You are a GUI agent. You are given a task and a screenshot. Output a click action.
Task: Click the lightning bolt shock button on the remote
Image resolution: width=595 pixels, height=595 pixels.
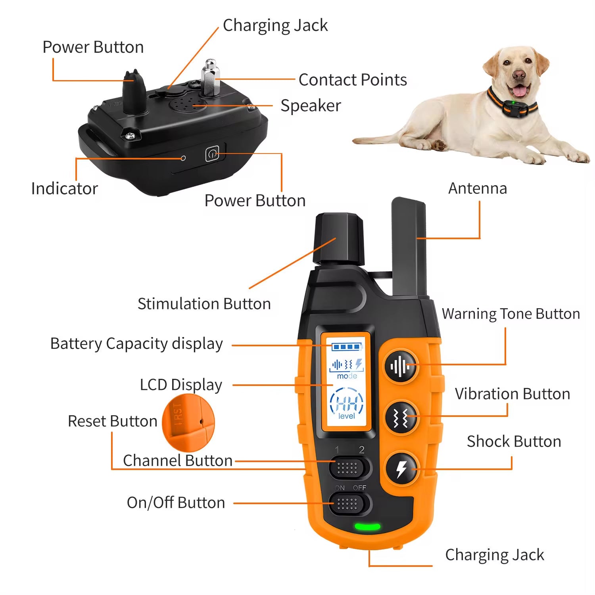(401, 468)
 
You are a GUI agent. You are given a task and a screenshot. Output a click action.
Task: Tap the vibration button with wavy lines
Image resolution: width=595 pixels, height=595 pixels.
(401, 418)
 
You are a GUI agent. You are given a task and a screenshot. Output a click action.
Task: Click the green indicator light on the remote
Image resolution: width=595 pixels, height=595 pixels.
(367, 527)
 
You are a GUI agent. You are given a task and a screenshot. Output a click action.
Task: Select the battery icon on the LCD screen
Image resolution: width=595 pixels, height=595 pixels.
(347, 347)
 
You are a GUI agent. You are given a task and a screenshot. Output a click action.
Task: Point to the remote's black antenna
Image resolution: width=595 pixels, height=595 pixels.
(409, 246)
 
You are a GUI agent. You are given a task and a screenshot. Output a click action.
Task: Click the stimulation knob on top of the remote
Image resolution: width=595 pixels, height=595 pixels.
(339, 238)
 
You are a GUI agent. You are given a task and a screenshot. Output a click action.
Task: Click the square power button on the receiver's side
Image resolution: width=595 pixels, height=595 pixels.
(212, 154)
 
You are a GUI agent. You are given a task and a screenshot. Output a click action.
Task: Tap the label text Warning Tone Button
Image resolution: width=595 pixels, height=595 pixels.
(511, 314)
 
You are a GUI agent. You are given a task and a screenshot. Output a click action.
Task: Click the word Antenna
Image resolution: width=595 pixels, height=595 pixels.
(478, 188)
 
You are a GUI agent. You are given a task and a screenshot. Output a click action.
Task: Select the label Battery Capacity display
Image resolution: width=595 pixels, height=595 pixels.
(136, 344)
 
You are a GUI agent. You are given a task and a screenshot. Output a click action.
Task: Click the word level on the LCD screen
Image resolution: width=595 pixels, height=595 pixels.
(346, 416)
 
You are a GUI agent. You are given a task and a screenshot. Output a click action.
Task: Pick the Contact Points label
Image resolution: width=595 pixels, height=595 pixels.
(353, 80)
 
